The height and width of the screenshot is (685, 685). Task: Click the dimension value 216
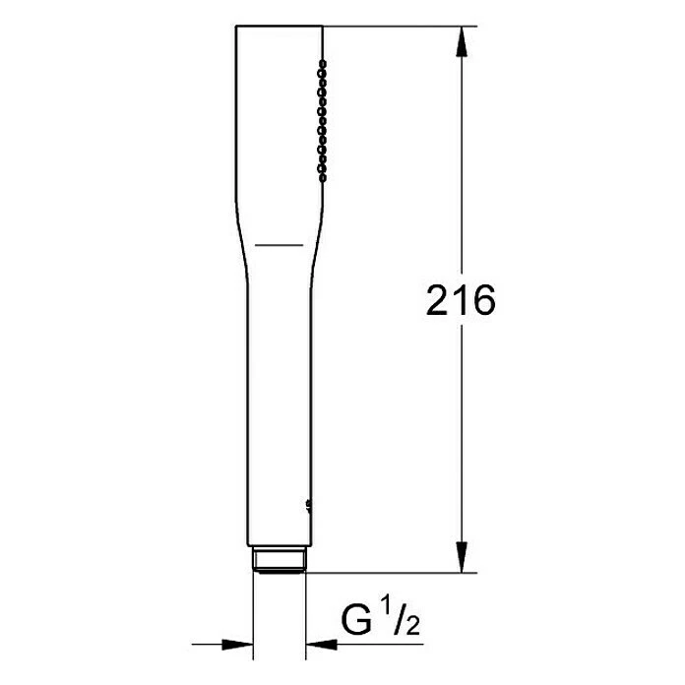[x=460, y=301]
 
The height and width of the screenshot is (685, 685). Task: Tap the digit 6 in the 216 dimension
[x=481, y=301]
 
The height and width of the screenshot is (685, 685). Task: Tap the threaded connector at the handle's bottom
[x=280, y=560]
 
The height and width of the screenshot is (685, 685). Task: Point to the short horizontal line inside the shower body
[x=280, y=241]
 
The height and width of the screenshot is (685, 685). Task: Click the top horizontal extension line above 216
[x=394, y=26]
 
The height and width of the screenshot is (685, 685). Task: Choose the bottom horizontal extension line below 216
[x=394, y=572]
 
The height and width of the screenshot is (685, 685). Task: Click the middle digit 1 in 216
[x=460, y=301]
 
